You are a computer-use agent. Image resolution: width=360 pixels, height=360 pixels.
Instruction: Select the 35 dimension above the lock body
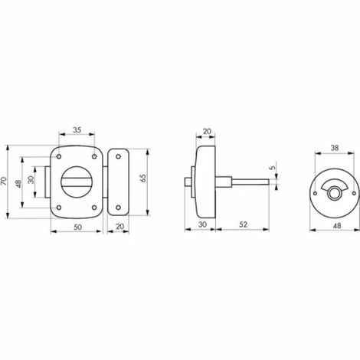click(x=77, y=130)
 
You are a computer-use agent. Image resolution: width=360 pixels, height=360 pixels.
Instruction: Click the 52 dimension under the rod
click(x=242, y=225)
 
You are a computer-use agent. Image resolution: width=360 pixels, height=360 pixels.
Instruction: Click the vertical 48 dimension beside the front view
click(x=18, y=184)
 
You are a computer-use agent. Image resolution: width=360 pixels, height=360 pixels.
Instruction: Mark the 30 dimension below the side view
click(x=201, y=225)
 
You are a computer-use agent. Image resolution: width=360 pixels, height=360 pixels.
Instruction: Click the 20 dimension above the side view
click(x=206, y=131)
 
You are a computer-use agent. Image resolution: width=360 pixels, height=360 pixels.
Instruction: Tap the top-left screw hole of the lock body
click(x=60, y=157)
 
